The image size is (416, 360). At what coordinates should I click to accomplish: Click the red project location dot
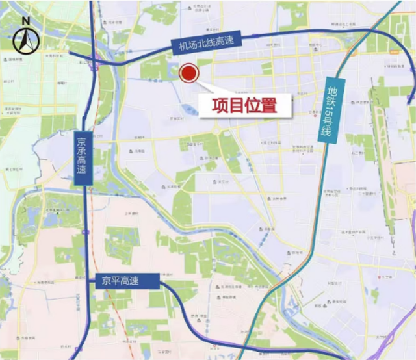188,73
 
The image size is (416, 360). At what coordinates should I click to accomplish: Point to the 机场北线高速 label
206,43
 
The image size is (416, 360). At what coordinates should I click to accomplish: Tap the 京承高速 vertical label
80,159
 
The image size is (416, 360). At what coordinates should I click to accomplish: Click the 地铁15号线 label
332,114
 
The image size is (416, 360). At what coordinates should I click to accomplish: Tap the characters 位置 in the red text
263,105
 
